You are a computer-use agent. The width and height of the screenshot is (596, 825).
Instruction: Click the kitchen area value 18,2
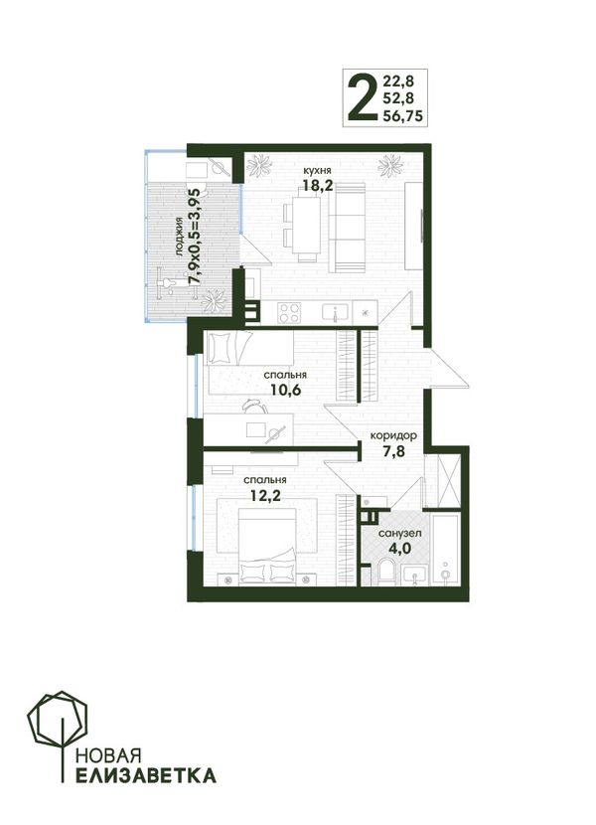[x=319, y=186]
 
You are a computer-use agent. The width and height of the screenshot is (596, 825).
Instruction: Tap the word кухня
[x=317, y=171]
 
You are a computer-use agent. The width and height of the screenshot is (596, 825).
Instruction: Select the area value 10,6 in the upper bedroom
[x=286, y=390]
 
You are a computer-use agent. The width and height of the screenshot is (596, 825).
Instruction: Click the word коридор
[x=394, y=436]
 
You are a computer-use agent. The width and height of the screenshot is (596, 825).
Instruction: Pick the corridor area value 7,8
[x=394, y=451]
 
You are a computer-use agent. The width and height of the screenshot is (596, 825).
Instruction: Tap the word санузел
[x=399, y=534]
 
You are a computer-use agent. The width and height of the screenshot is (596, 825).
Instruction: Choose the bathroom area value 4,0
[x=399, y=549]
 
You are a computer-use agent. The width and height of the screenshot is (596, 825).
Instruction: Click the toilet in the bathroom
[x=386, y=573]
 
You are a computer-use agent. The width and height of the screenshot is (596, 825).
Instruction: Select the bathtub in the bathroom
[x=446, y=549]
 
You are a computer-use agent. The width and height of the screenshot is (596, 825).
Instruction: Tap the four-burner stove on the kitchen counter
[x=289, y=313]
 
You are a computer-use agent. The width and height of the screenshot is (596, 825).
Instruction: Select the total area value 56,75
[x=403, y=116]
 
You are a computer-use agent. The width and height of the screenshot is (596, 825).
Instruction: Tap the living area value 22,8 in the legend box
[x=398, y=82]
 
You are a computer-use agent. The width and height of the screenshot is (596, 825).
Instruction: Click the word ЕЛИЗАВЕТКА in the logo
[x=146, y=775]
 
